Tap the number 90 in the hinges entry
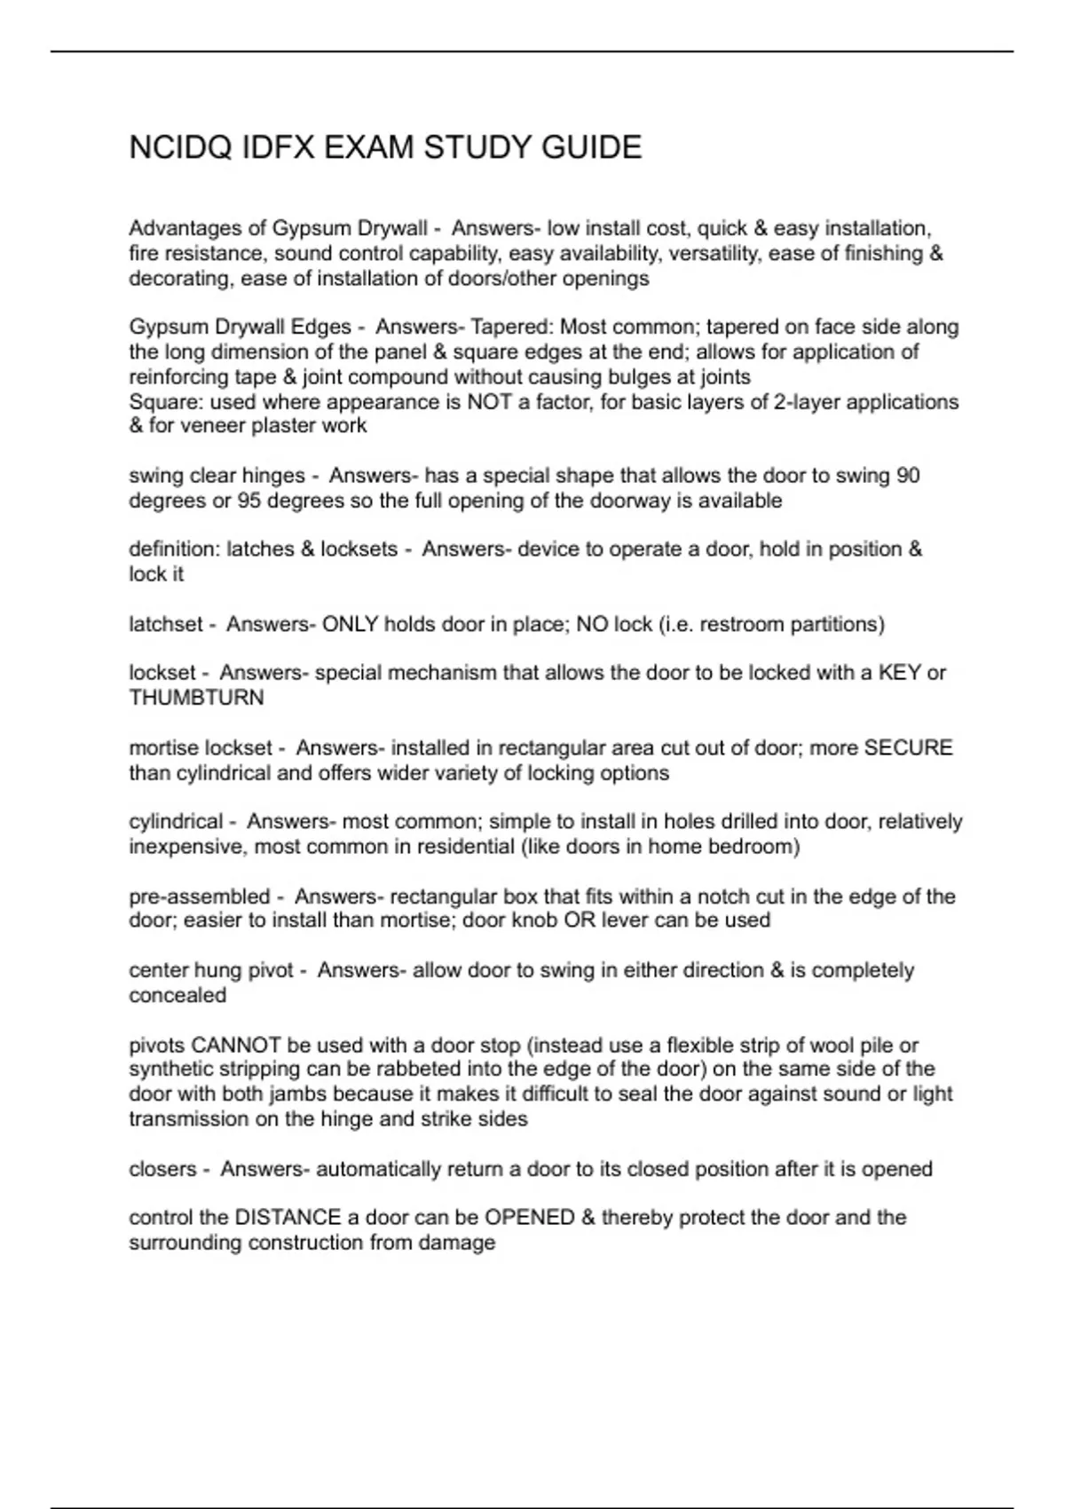coord(908,476)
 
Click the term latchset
coord(166,624)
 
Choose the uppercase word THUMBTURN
coord(196,698)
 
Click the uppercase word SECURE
coord(908,747)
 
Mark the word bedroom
coord(756,847)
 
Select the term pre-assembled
coord(199,897)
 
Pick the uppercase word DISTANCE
coord(288,1218)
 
